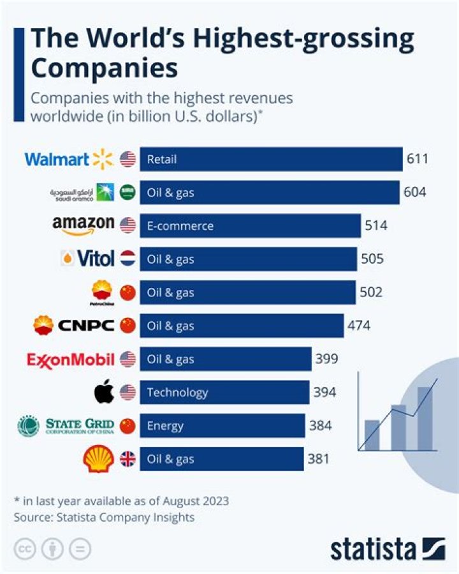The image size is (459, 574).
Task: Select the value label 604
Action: coord(414,192)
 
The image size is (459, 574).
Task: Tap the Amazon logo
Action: coord(84,225)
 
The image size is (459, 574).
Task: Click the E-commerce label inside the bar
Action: coord(180,226)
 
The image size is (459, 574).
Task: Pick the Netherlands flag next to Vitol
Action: coord(127,259)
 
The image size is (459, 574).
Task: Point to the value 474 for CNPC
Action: coord(359,326)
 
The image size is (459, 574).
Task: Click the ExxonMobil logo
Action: coord(71,359)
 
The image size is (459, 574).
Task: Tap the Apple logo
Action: coord(104,392)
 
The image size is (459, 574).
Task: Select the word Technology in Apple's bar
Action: coord(177,393)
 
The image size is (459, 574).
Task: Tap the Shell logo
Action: coord(99,459)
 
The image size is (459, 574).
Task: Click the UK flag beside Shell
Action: coord(127,459)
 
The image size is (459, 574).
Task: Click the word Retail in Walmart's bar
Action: coord(162,160)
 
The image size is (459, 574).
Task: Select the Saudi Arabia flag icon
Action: coord(127,192)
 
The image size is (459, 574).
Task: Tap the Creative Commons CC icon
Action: coord(25,548)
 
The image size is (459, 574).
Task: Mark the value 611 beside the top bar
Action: coord(418,159)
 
